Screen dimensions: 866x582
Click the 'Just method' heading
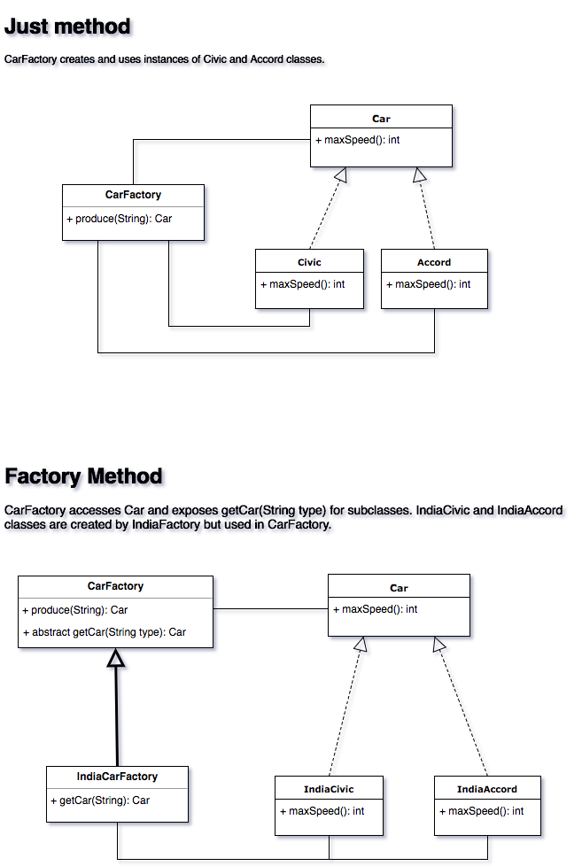(x=68, y=27)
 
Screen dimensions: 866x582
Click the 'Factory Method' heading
(x=85, y=477)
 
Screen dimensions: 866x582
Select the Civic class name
(x=309, y=262)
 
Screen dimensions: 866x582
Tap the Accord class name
(x=434, y=262)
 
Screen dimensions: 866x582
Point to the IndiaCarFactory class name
(x=117, y=777)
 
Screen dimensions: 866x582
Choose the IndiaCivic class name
(x=329, y=789)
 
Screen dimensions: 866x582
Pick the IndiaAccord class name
(x=487, y=789)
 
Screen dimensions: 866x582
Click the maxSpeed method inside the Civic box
(x=303, y=284)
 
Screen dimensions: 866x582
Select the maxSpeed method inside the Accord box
(x=429, y=284)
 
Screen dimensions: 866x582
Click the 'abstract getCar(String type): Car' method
(x=105, y=632)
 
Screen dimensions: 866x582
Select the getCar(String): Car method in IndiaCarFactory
(x=100, y=800)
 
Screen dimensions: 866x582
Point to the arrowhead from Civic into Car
(x=342, y=178)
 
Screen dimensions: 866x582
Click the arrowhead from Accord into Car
(x=422, y=178)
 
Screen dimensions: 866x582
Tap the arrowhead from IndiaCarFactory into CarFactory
(x=119, y=661)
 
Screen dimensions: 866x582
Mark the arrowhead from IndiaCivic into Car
(x=361, y=646)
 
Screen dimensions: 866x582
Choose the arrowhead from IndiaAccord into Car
(x=441, y=646)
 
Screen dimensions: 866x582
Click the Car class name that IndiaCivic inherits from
(x=399, y=588)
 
